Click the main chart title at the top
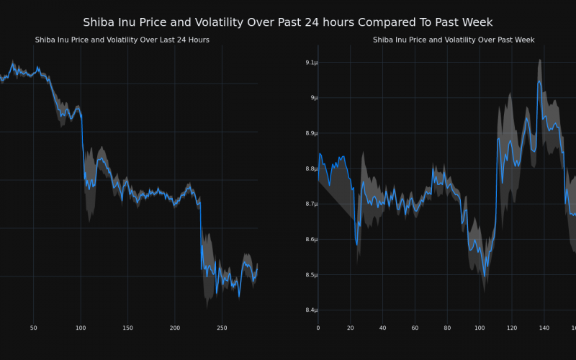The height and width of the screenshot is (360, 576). coord(288,22)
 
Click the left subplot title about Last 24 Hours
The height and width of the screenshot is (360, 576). coord(122,40)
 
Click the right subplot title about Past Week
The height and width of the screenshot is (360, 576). coord(454,40)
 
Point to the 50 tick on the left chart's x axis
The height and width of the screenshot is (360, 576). coord(33,328)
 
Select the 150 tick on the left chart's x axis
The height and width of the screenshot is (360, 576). coord(127,328)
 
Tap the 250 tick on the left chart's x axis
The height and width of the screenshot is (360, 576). coord(222,328)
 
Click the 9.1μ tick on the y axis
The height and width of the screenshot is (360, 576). coord(311,63)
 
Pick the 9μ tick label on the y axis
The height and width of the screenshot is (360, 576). coord(312,98)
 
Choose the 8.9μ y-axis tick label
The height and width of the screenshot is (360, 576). coord(311,133)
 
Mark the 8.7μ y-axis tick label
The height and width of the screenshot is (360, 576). coord(311,204)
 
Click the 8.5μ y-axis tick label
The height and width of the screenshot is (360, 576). coord(311,275)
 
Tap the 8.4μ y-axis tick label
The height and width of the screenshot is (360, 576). coord(311,310)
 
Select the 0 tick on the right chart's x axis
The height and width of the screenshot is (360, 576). coord(318,328)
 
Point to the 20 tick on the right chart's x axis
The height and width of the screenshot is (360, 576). coord(350,328)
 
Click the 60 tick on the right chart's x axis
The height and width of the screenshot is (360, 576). coord(415,328)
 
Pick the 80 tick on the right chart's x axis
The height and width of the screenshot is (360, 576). coord(447,328)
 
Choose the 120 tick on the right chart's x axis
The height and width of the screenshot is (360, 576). coord(512,328)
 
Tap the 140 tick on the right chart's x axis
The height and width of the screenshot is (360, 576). coord(544,328)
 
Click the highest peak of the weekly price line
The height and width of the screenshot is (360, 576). coord(539,81)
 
